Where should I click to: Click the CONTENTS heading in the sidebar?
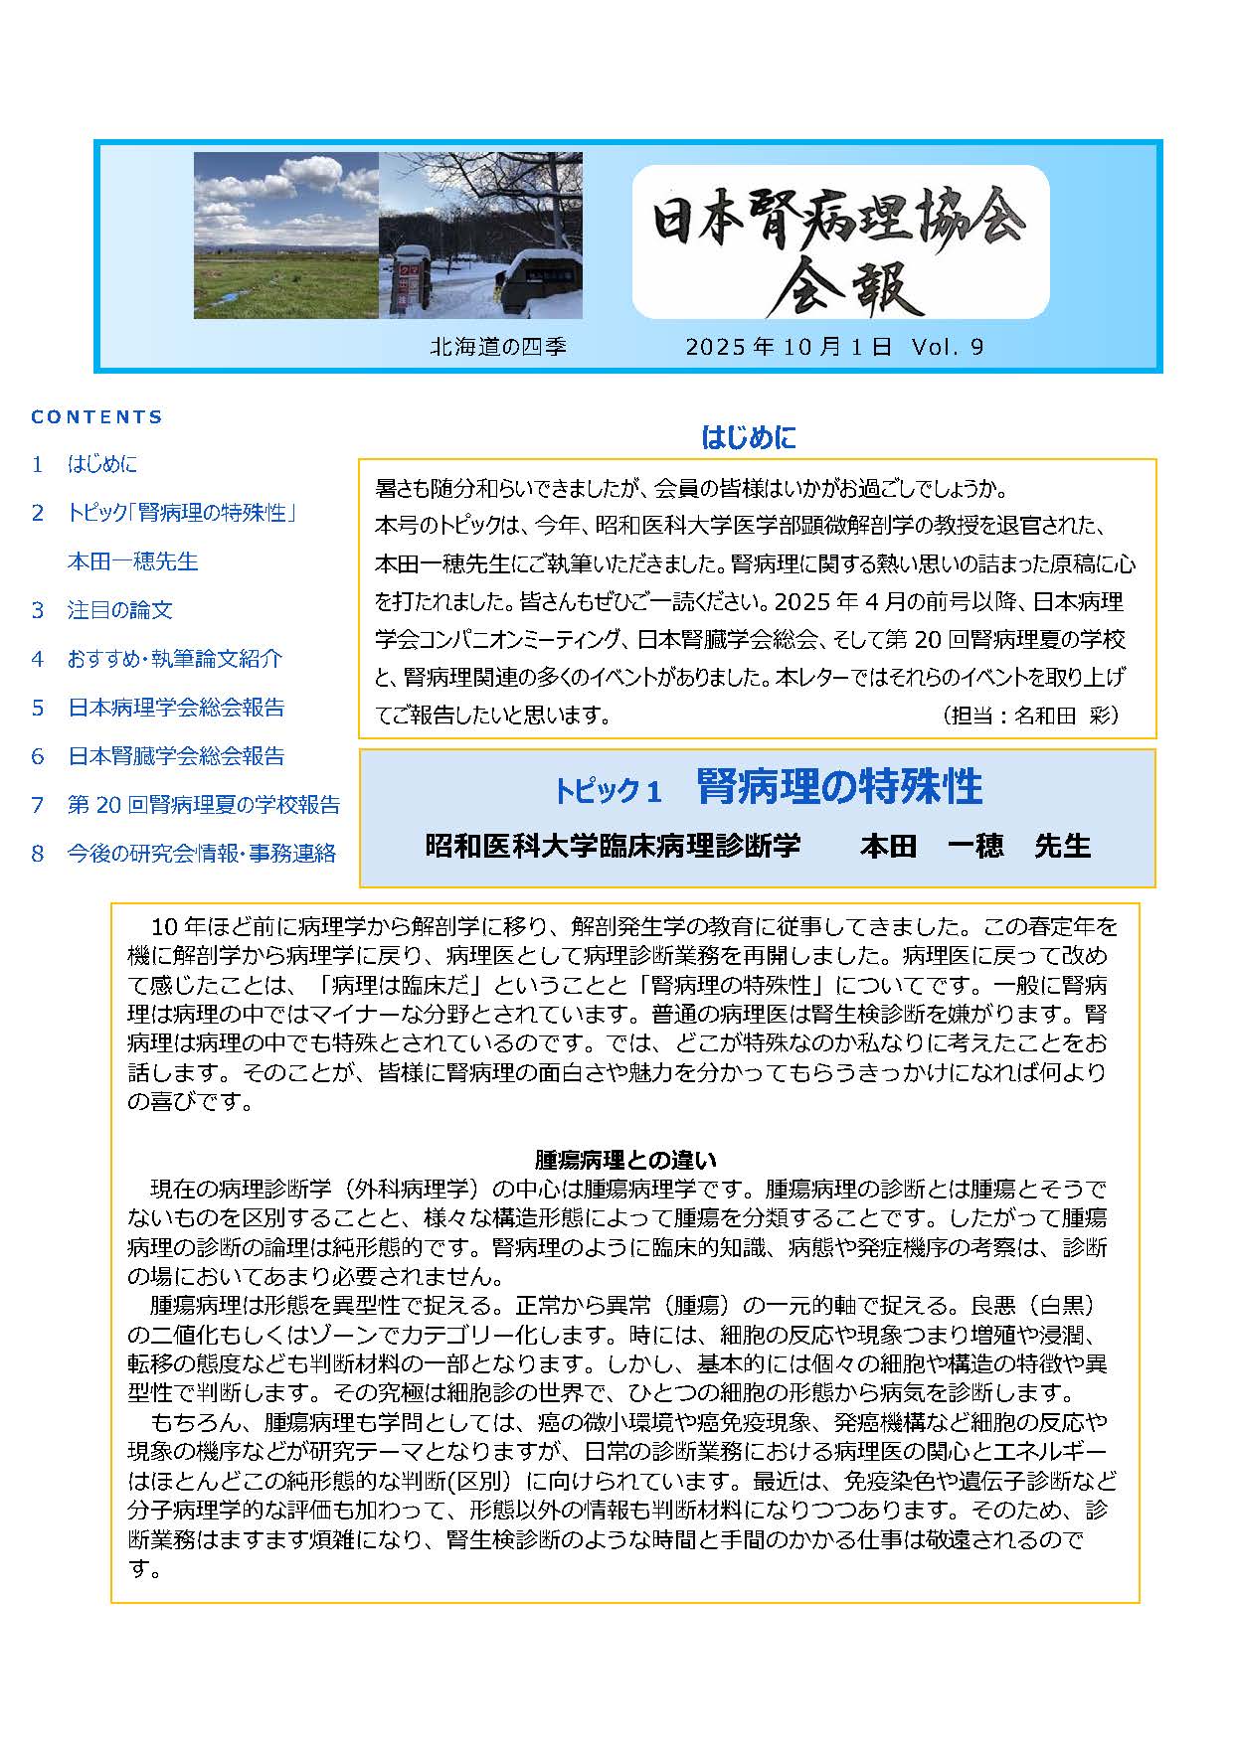tap(96, 417)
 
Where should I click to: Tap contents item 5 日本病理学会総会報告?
tap(175, 708)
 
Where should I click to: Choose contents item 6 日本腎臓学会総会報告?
tap(175, 756)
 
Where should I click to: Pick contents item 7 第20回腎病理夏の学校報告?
tap(203, 805)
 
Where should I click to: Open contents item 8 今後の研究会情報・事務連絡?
tap(201, 854)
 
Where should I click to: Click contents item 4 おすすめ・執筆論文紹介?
tap(175, 659)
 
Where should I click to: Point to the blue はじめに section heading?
tap(748, 437)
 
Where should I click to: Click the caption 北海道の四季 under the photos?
tap(498, 347)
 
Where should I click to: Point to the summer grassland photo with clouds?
tap(286, 235)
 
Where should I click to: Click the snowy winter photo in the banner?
tap(480, 235)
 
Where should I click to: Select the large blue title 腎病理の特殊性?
tap(839, 787)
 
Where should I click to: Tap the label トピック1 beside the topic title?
tap(608, 791)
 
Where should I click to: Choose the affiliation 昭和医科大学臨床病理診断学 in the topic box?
tap(613, 847)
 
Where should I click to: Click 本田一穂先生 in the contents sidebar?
tap(132, 561)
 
